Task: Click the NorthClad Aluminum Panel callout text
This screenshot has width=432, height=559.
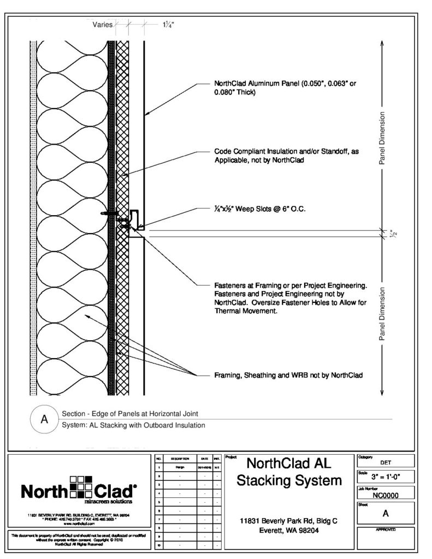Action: coord(288,88)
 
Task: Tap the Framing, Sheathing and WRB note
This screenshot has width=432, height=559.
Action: coord(288,375)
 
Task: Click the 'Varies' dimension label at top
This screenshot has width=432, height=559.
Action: coord(103,25)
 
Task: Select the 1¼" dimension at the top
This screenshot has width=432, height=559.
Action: coord(168,25)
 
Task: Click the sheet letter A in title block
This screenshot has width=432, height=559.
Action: coord(385,513)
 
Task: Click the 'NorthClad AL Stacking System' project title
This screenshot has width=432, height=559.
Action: coord(290,472)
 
